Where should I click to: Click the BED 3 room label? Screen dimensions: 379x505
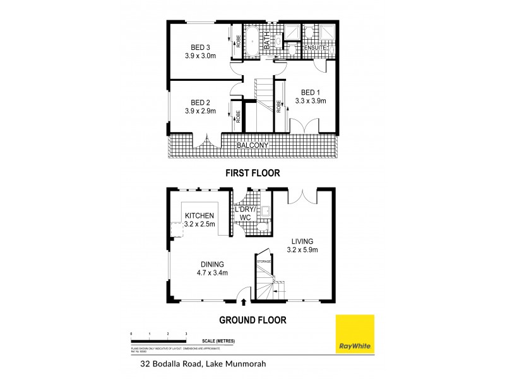click(200, 47)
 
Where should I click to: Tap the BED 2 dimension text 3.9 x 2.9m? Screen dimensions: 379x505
click(200, 111)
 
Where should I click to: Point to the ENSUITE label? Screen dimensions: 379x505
click(313, 47)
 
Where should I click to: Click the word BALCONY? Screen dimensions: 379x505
click(253, 146)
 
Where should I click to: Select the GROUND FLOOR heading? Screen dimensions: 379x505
click(252, 320)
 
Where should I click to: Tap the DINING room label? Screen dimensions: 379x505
click(211, 264)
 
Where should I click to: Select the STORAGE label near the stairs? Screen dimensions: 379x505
click(264, 260)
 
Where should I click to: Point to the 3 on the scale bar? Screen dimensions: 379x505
click(186, 333)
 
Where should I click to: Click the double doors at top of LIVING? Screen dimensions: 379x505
click(300, 195)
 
